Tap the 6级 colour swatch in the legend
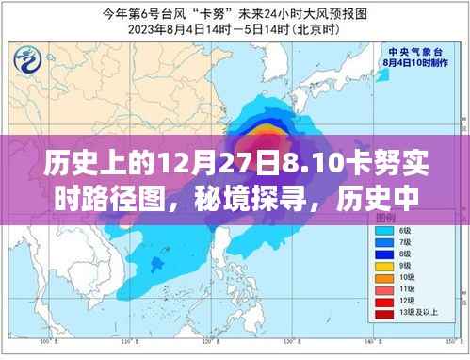(x=384, y=231)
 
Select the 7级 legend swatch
(x=384, y=242)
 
